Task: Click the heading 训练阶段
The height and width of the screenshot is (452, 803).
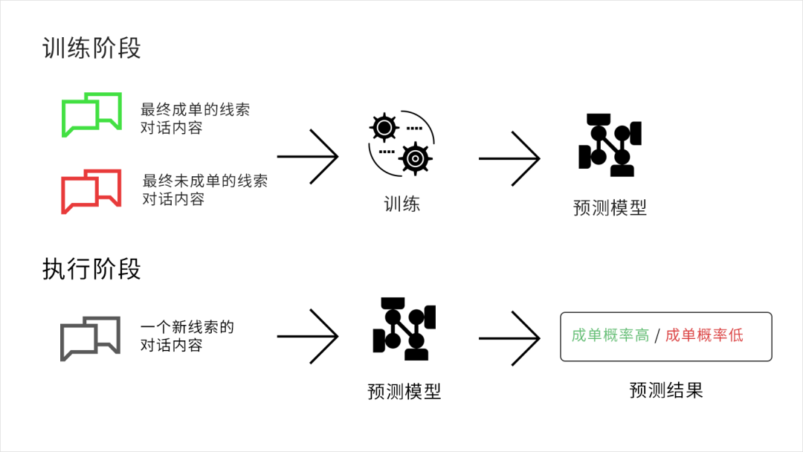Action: [91, 48]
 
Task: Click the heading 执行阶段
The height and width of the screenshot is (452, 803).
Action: [91, 269]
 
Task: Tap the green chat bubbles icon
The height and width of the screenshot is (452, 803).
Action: [91, 114]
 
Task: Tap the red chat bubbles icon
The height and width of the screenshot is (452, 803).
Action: [91, 191]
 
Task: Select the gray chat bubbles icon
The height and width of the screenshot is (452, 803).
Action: [90, 338]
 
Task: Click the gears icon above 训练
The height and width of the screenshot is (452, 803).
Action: [401, 143]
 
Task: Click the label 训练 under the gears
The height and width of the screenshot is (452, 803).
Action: [401, 204]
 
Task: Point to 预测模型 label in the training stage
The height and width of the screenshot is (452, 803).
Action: [610, 207]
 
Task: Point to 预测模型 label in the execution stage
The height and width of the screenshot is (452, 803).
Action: [404, 391]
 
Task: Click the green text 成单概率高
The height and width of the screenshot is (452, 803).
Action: [610, 335]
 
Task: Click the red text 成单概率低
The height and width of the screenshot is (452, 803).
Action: [703, 335]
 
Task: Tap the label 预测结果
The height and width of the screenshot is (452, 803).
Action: [665, 390]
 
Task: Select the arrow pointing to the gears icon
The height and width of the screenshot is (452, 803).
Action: [308, 157]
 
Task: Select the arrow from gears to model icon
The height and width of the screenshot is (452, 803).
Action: [509, 158]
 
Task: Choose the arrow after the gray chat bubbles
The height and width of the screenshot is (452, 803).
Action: [308, 336]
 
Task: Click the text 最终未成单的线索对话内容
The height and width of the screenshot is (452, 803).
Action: [204, 190]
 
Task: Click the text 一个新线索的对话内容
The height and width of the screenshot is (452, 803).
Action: [187, 336]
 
